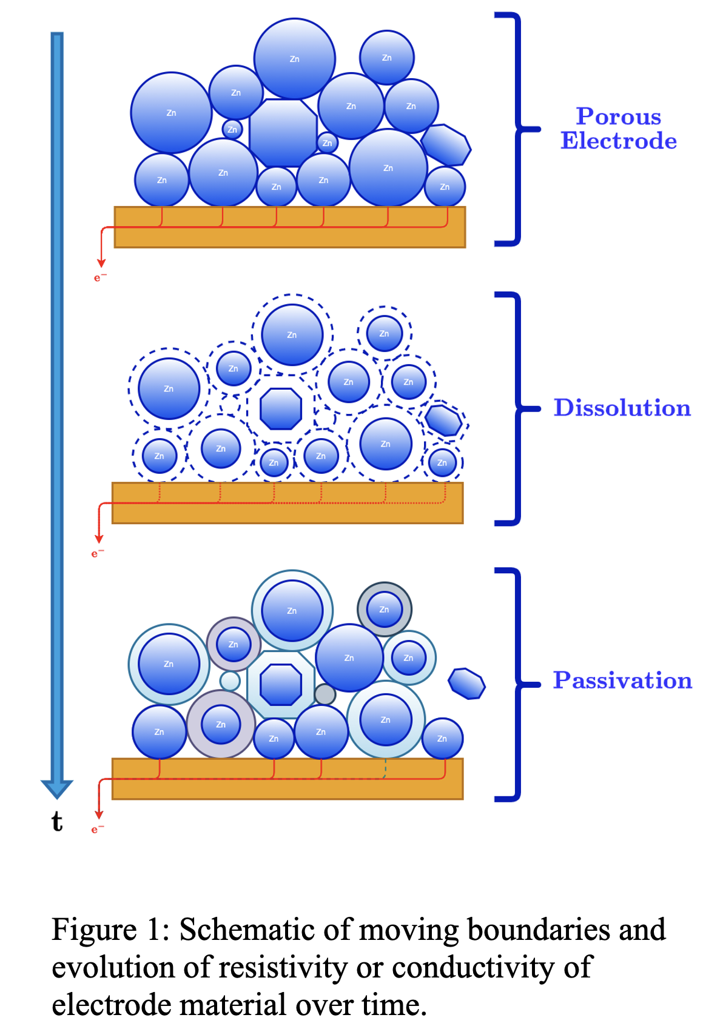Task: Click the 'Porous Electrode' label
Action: click(x=618, y=128)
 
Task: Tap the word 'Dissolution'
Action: click(x=622, y=408)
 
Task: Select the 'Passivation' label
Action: click(x=622, y=681)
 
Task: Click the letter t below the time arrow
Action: click(x=57, y=822)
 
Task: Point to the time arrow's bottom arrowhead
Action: click(x=57, y=788)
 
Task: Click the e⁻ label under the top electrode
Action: click(x=100, y=278)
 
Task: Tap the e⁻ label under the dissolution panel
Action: click(x=98, y=553)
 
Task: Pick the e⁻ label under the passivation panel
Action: click(x=98, y=829)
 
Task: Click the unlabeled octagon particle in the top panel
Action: click(x=283, y=133)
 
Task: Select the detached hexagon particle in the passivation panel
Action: click(x=466, y=684)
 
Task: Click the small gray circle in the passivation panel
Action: click(x=325, y=694)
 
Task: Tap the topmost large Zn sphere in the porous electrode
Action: click(x=295, y=59)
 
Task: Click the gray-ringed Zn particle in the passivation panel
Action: click(x=385, y=610)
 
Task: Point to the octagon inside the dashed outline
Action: click(x=281, y=408)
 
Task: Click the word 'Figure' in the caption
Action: click(x=94, y=930)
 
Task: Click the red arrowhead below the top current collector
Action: click(x=101, y=263)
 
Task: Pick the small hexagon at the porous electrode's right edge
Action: click(x=446, y=145)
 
